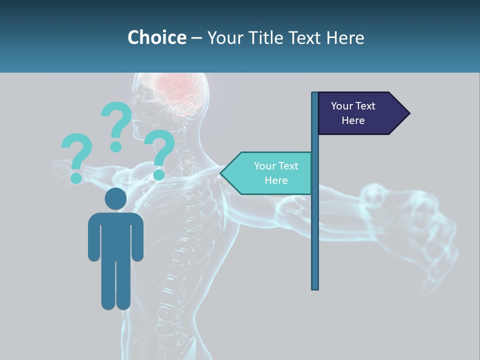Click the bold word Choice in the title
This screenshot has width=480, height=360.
tap(156, 37)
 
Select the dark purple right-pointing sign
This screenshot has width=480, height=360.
tap(360, 113)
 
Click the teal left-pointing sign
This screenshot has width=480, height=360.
tap(270, 173)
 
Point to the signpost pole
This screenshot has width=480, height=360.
tap(314, 225)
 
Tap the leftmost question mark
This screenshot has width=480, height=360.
tap(76, 152)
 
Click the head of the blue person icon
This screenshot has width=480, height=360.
tap(115, 198)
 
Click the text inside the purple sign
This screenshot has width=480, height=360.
tap(353, 113)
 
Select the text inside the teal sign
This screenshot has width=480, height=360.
tap(276, 173)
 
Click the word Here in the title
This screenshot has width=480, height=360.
tap(345, 37)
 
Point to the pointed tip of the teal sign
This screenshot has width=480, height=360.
tap(222, 173)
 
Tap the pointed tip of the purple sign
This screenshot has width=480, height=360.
tap(408, 113)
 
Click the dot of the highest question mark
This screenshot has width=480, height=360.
tap(116, 146)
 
